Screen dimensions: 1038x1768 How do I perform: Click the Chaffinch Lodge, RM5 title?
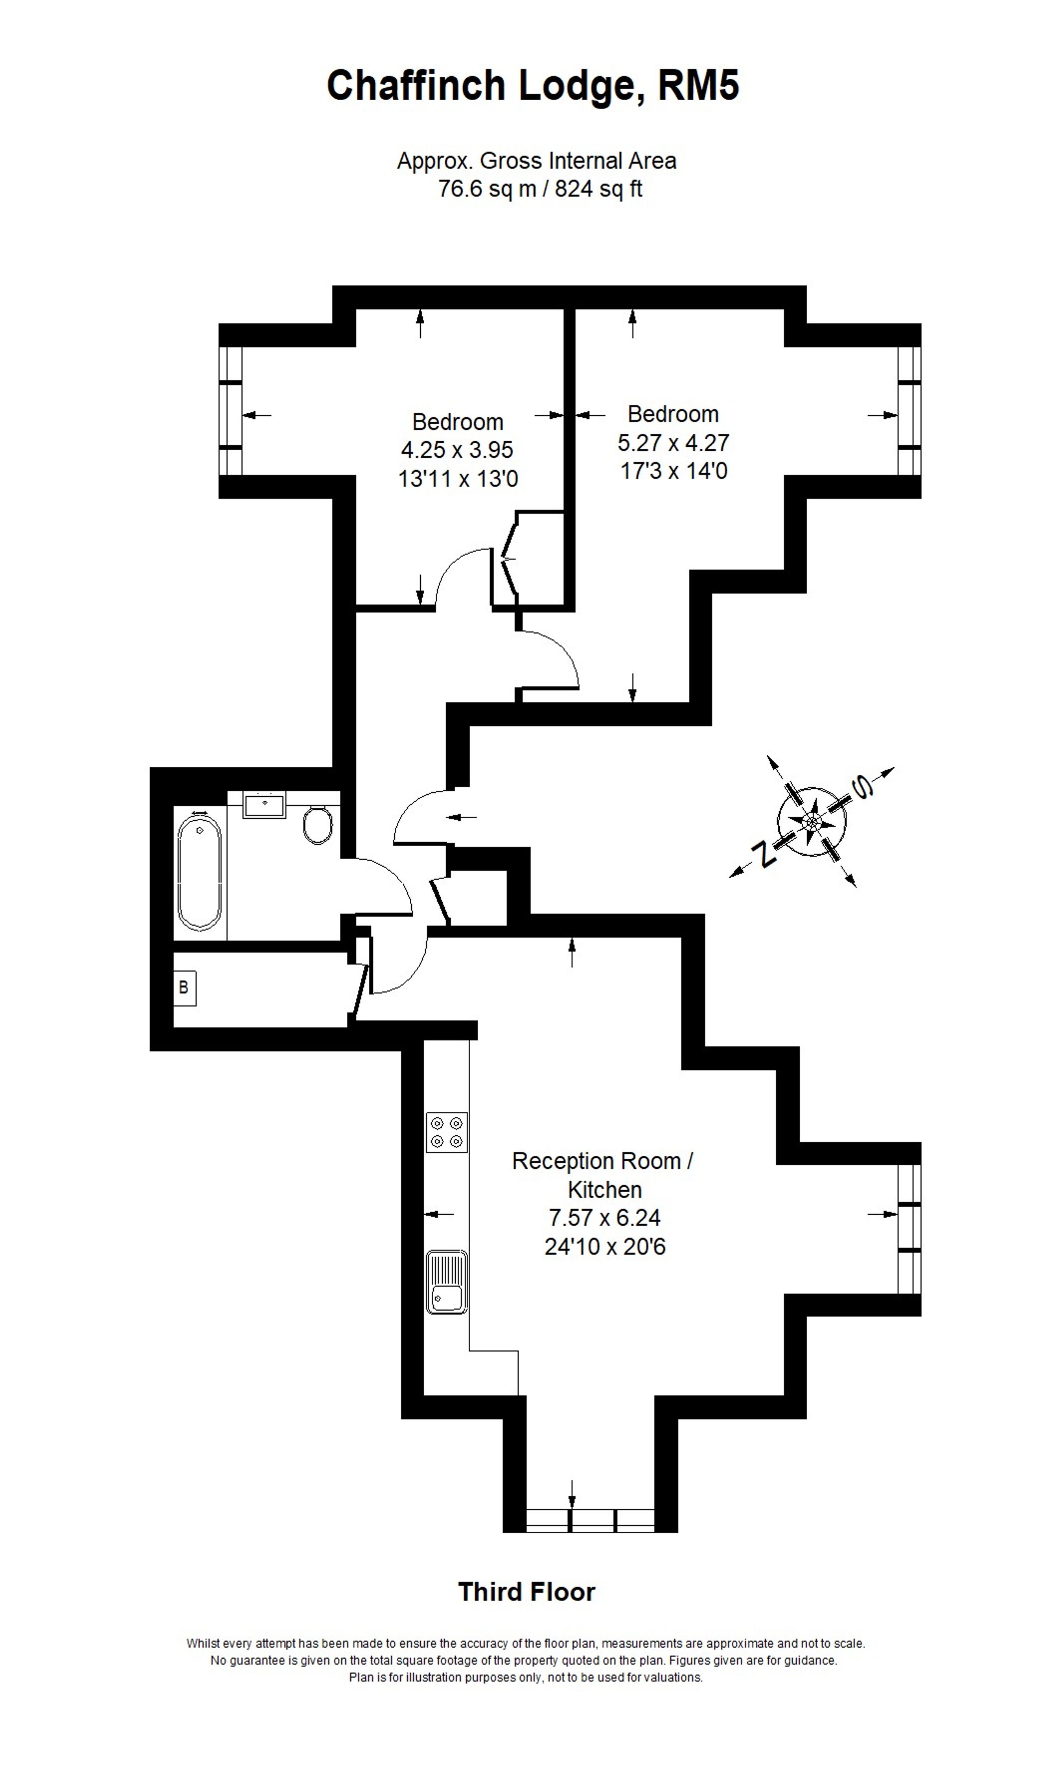[x=533, y=86]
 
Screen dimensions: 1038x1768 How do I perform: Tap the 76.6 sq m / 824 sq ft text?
[x=540, y=189]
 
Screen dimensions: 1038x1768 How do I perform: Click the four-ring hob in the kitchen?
[x=447, y=1133]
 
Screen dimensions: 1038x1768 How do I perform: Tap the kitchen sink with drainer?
[x=447, y=1282]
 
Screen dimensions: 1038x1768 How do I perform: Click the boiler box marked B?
[x=184, y=988]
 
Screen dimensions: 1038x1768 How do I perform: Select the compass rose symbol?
[x=812, y=821]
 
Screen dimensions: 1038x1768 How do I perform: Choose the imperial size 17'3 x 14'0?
[x=673, y=471]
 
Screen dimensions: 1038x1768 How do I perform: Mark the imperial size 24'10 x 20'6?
[x=605, y=1247]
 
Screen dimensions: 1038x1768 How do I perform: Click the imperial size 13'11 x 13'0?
[x=458, y=479]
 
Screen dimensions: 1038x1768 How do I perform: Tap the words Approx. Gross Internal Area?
[x=537, y=161]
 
